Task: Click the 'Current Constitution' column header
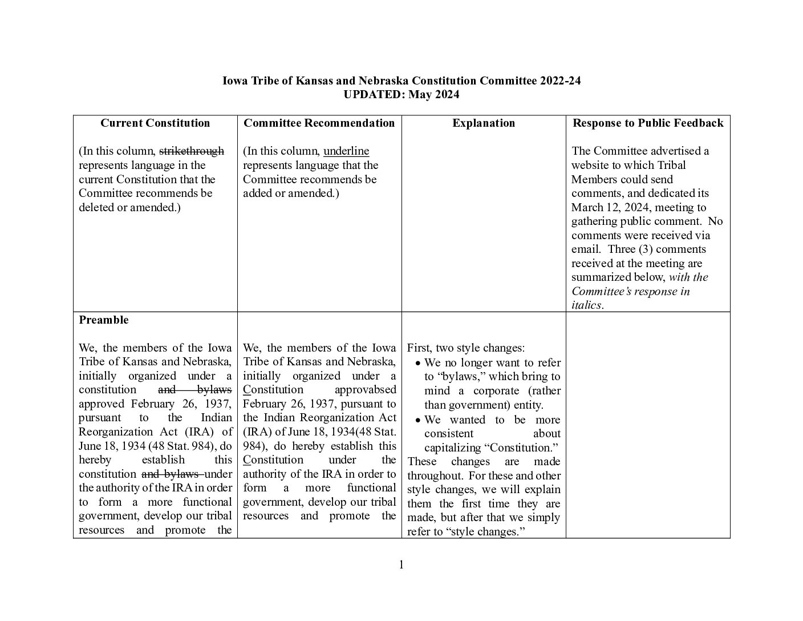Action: (x=155, y=123)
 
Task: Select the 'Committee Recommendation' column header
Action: (x=319, y=123)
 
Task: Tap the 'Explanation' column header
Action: (x=484, y=123)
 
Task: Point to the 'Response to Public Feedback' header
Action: (x=648, y=123)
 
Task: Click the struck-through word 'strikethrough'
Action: (x=191, y=151)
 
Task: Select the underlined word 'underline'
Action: (x=346, y=151)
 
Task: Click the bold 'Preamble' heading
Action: (x=104, y=320)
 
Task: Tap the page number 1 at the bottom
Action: (x=401, y=565)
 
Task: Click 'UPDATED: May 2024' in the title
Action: (x=401, y=95)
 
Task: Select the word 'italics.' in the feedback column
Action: (x=587, y=305)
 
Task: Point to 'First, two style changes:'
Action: (x=466, y=348)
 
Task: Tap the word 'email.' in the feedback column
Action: (x=586, y=249)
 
